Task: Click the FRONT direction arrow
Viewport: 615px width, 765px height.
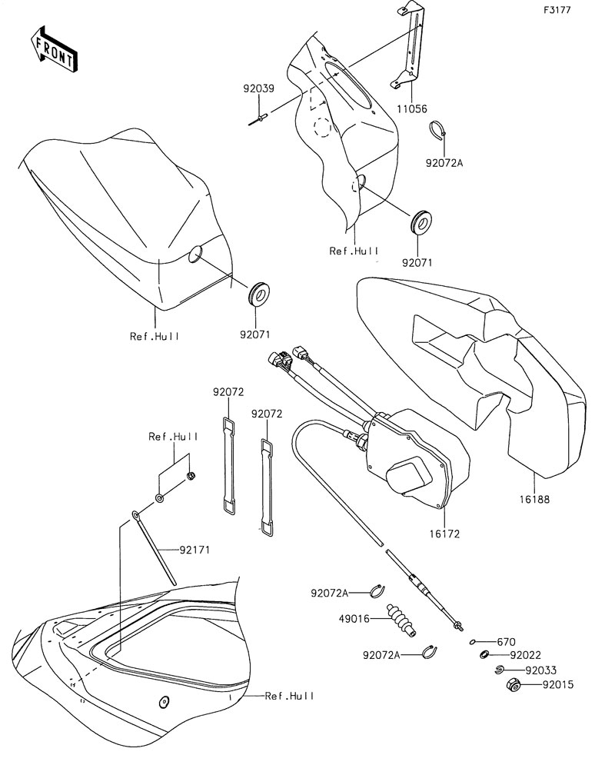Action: pyautogui.click(x=52, y=50)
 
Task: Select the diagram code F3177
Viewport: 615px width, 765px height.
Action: pyautogui.click(x=557, y=10)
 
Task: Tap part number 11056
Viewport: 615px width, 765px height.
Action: pyautogui.click(x=411, y=109)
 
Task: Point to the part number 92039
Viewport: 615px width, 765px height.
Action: pyautogui.click(x=259, y=88)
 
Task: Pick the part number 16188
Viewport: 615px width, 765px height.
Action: pyautogui.click(x=534, y=500)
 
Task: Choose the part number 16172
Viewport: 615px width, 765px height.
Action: pyautogui.click(x=444, y=534)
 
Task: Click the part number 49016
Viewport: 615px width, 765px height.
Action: pyautogui.click(x=354, y=619)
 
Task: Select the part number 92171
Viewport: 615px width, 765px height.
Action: pyautogui.click(x=194, y=550)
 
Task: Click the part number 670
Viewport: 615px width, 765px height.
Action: pyautogui.click(x=506, y=642)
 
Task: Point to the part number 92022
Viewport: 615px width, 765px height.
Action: pyautogui.click(x=526, y=655)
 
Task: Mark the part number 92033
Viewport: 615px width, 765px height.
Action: pyautogui.click(x=541, y=670)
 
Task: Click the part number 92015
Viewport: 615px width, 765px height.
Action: pyautogui.click(x=558, y=684)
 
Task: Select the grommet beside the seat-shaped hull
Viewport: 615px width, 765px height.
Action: pyautogui.click(x=259, y=294)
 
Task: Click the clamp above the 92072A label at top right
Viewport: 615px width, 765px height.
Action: pyautogui.click(x=438, y=130)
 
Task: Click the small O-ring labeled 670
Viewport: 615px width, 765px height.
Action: pyautogui.click(x=473, y=642)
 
